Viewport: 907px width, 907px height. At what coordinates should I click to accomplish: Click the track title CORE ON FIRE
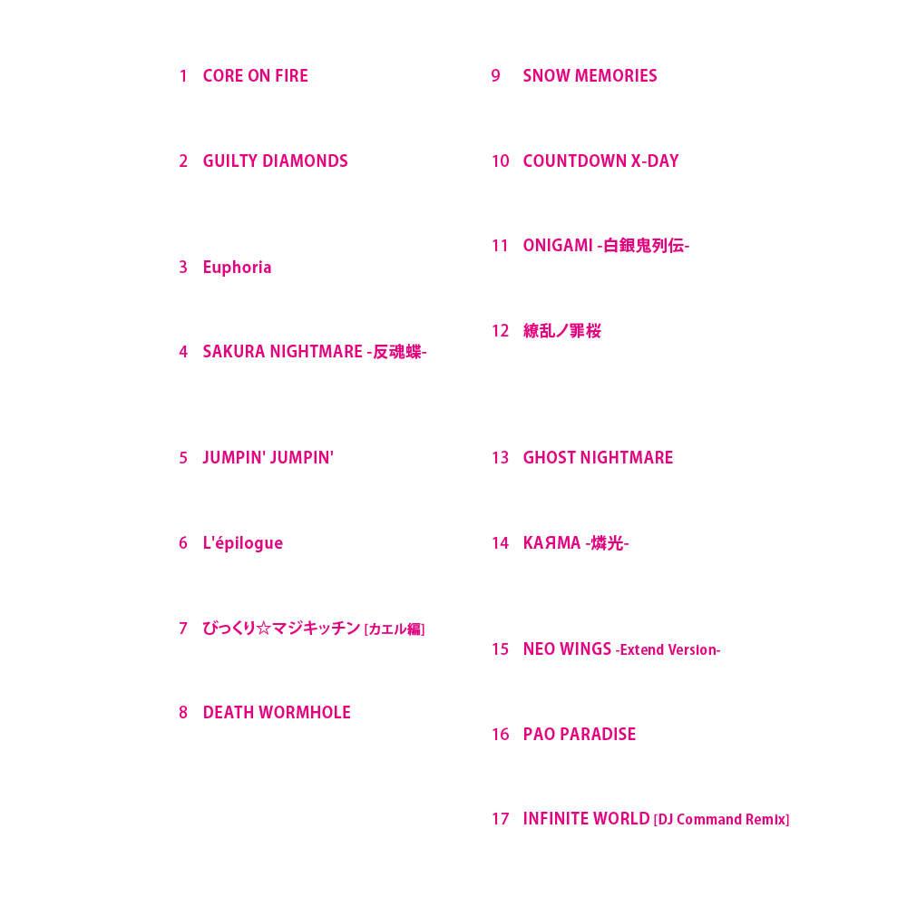click(x=255, y=76)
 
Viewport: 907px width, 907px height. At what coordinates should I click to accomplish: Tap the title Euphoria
click(x=237, y=268)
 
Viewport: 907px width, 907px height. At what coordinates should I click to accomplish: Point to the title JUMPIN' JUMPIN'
click(x=268, y=457)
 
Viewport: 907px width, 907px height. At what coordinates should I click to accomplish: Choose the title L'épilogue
click(x=243, y=543)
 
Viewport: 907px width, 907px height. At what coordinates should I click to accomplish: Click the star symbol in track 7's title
click(x=263, y=629)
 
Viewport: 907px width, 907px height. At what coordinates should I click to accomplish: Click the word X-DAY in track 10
click(x=655, y=161)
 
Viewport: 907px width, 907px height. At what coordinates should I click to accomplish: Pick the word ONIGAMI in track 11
click(x=558, y=246)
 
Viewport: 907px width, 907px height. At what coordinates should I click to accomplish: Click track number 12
click(x=501, y=331)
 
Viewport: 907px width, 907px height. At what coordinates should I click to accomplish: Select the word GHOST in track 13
click(x=549, y=457)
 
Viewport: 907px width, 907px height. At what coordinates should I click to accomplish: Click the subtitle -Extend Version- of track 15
click(x=668, y=649)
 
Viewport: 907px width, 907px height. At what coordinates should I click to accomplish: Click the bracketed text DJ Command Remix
click(x=721, y=820)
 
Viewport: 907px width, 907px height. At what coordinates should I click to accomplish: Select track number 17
click(x=501, y=819)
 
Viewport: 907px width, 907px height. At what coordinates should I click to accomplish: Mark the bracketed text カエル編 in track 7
click(x=395, y=629)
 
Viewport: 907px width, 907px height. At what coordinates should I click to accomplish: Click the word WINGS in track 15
click(x=585, y=649)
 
